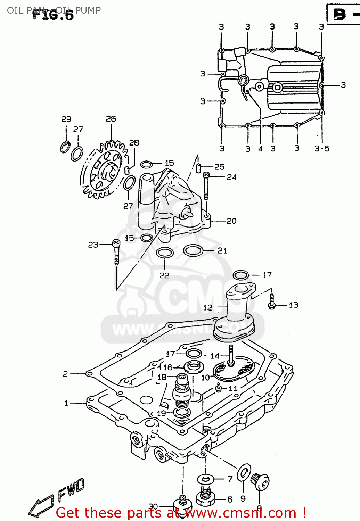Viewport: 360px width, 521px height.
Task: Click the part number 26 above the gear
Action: pyautogui.click(x=111, y=119)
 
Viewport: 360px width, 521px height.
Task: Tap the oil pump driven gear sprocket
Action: pyautogui.click(x=104, y=170)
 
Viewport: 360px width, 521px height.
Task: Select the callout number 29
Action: pyautogui.click(x=66, y=119)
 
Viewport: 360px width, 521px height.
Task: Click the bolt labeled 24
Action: pyautogui.click(x=206, y=186)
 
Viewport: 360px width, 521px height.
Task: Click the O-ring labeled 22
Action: pyautogui.click(x=165, y=253)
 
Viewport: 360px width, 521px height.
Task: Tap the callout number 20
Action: pyautogui.click(x=231, y=221)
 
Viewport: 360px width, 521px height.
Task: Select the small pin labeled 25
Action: pyautogui.click(x=199, y=168)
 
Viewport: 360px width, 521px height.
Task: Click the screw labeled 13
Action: pyautogui.click(x=272, y=302)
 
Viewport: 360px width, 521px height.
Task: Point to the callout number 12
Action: pyautogui.click(x=207, y=307)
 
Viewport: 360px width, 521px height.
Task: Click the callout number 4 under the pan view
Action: pyautogui.click(x=260, y=149)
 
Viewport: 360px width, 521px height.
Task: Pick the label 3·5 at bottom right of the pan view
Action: pyautogui.click(x=322, y=149)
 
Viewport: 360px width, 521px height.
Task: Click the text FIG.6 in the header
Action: pyautogui.click(x=54, y=15)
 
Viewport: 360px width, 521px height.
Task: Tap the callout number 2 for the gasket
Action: pyautogui.click(x=65, y=374)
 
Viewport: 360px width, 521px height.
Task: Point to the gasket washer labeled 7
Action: pyautogui.click(x=206, y=479)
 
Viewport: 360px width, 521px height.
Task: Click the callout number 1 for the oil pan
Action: pyautogui.click(x=66, y=403)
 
